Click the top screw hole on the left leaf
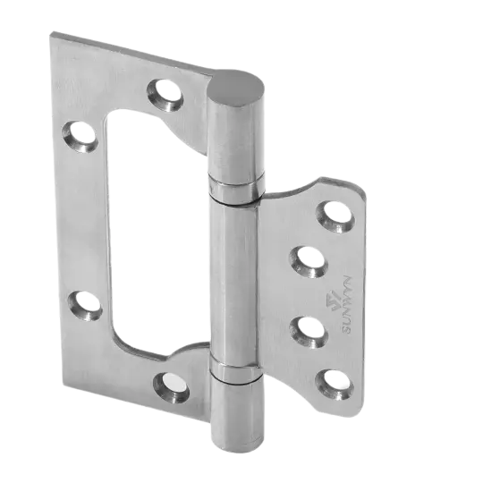click(x=166, y=89)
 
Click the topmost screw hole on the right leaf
click(x=334, y=213)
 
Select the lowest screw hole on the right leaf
click(x=334, y=378)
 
